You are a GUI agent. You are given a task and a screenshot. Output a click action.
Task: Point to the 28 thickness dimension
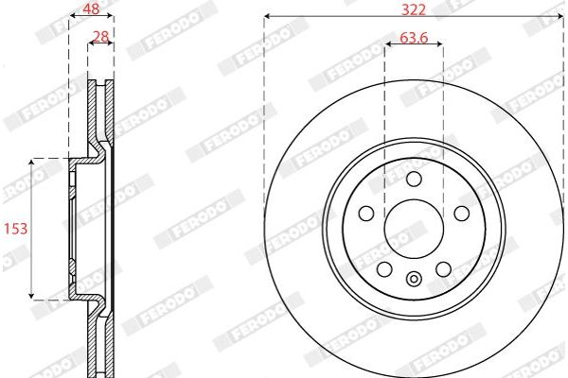[x=98, y=37]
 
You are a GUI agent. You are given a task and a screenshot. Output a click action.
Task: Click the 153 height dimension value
[x=13, y=228]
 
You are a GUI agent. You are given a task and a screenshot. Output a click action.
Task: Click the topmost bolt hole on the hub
[x=414, y=180]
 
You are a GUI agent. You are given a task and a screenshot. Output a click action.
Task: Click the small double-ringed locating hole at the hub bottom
[x=414, y=278]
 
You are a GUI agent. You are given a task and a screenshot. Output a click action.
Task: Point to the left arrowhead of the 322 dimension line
[x=267, y=16]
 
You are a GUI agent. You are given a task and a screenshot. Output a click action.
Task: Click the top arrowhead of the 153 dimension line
[x=33, y=162]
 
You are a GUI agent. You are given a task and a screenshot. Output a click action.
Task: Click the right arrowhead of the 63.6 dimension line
[x=440, y=46]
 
